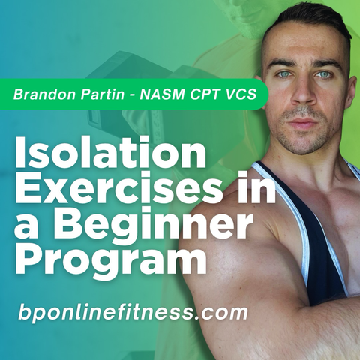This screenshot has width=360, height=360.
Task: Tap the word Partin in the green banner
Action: pyautogui.click(x=101, y=94)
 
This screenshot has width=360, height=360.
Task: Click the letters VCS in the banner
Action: pyautogui.click(x=241, y=94)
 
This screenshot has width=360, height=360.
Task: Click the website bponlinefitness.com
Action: pyautogui.click(x=133, y=312)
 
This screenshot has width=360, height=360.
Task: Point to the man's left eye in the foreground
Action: pyautogui.click(x=324, y=74)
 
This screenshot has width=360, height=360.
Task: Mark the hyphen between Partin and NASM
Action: pyautogui.click(x=132, y=95)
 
